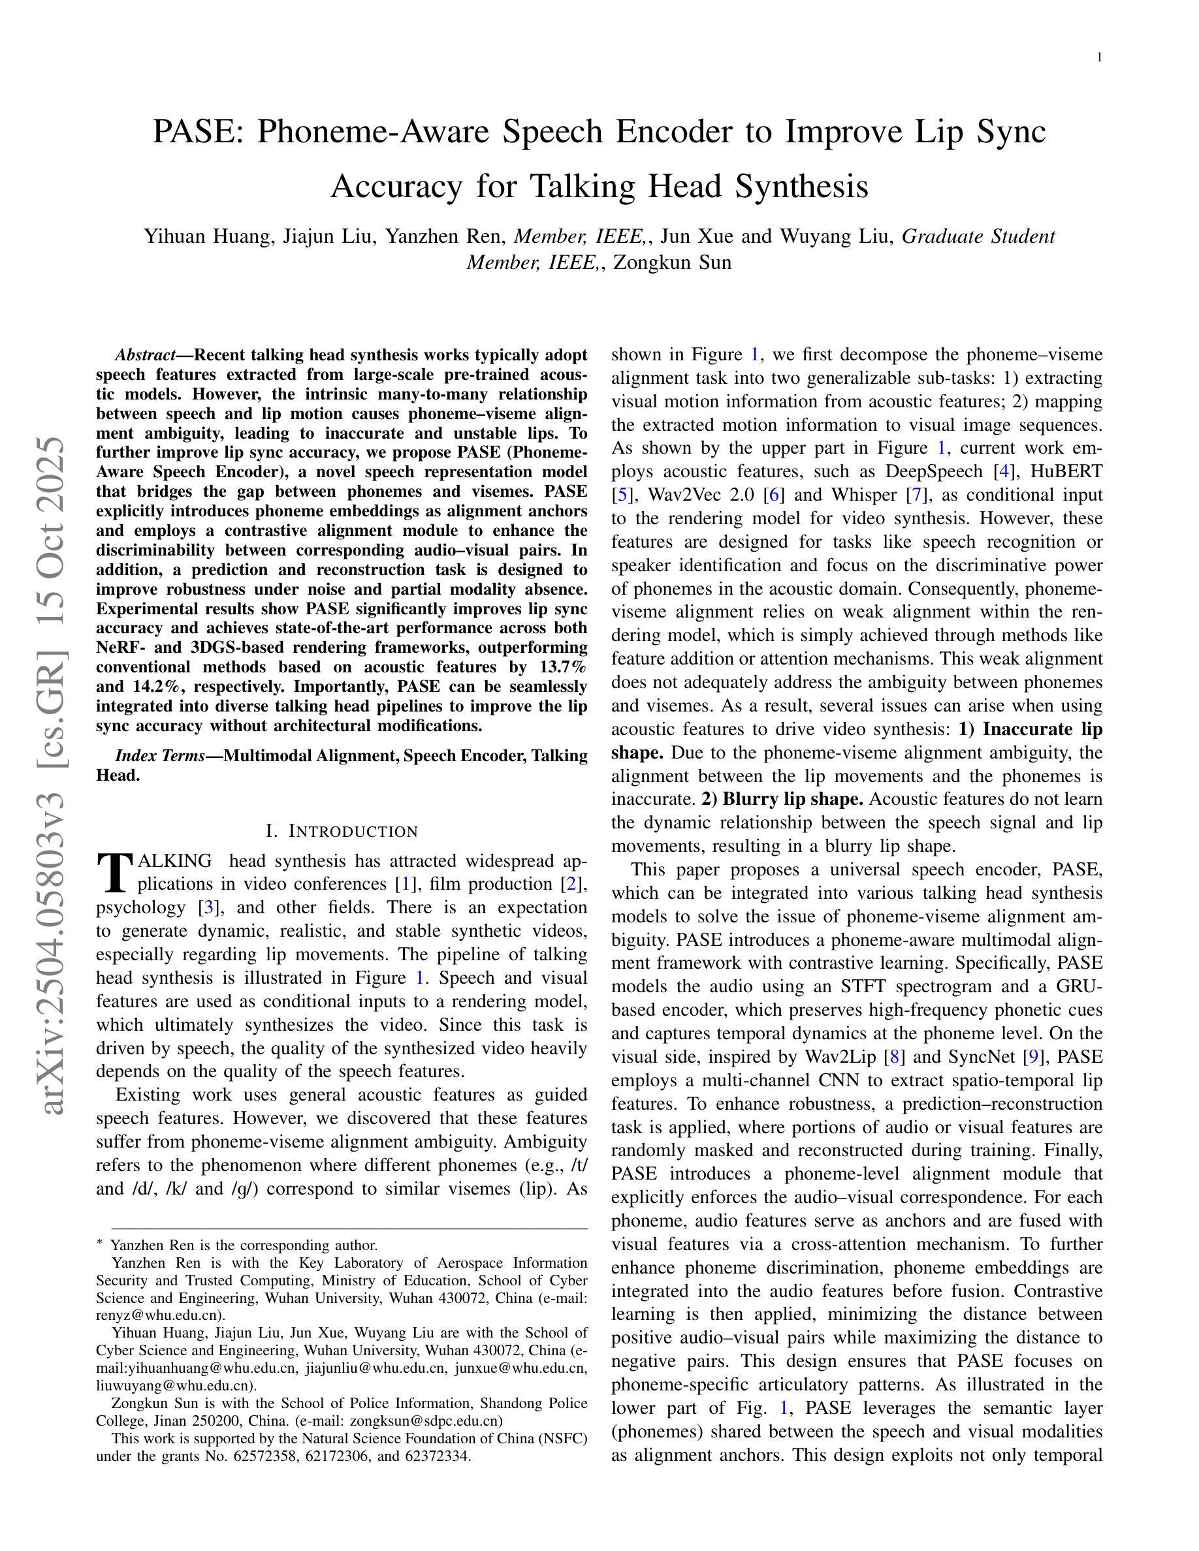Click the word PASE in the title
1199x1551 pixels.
pyautogui.click(x=197, y=132)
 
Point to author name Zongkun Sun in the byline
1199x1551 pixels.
pyautogui.click(x=672, y=263)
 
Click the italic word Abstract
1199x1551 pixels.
pyautogui.click(x=145, y=355)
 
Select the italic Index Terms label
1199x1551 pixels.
pyautogui.click(x=160, y=756)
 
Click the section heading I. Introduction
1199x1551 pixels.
pyautogui.click(x=341, y=831)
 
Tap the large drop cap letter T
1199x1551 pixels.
pyautogui.click(x=114, y=873)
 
